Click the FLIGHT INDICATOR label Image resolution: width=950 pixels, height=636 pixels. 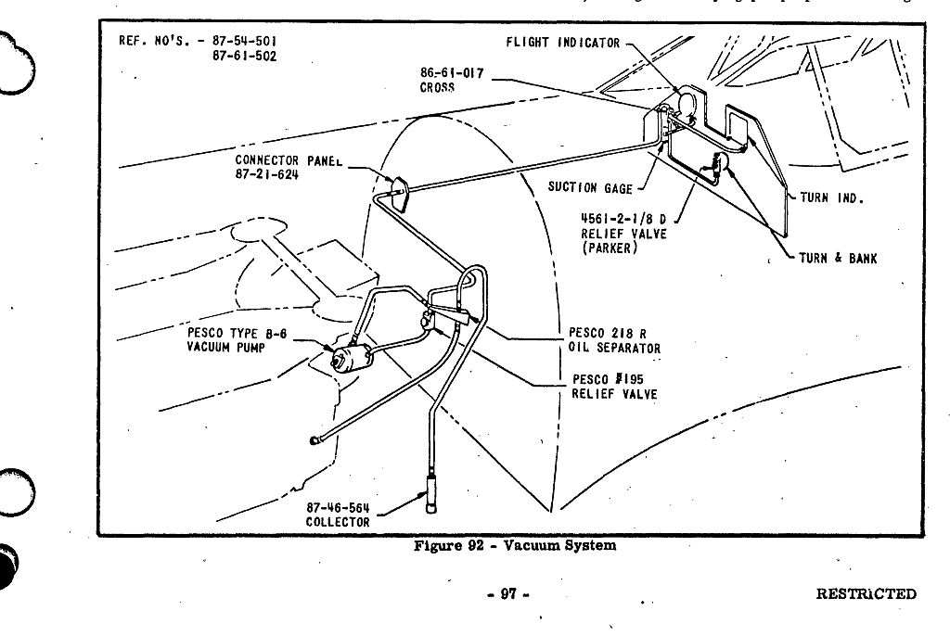tap(562, 43)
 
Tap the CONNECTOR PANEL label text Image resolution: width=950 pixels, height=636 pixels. tap(289, 160)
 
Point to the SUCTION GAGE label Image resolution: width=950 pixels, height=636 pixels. tap(590, 188)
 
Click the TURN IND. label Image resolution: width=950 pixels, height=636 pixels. tap(831, 197)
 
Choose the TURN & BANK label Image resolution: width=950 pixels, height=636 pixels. tap(838, 258)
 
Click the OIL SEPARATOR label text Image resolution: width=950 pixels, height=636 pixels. tap(615, 349)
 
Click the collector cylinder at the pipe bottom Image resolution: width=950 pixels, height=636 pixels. tap(432, 490)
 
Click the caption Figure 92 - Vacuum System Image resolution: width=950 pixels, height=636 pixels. tap(514, 545)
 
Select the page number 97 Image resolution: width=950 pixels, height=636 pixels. tap(508, 594)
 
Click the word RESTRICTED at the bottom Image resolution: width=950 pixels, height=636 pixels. tap(866, 594)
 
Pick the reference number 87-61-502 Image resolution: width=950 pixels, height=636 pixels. tap(244, 56)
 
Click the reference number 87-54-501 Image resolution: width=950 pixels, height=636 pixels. tap(244, 41)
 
